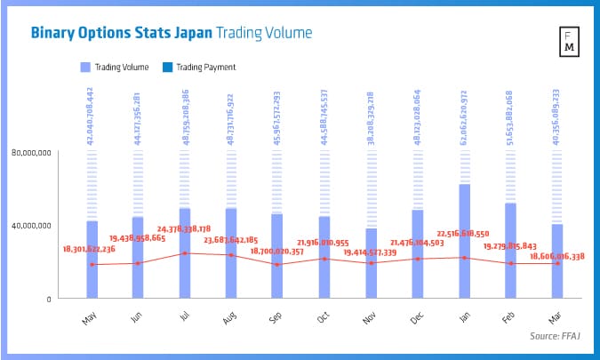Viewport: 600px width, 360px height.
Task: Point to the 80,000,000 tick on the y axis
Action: (x=33, y=153)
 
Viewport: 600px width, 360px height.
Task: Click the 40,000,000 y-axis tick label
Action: (x=33, y=225)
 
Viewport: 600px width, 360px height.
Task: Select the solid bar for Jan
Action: (x=465, y=240)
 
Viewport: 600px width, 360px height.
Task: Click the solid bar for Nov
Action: (x=371, y=262)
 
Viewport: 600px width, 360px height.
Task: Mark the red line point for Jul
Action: (x=185, y=253)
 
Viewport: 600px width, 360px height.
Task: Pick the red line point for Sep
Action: (x=278, y=265)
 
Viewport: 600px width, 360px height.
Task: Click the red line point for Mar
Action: (x=557, y=263)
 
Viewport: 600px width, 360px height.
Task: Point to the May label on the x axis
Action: (x=89, y=318)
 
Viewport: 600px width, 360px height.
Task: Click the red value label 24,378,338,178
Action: (x=185, y=229)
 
